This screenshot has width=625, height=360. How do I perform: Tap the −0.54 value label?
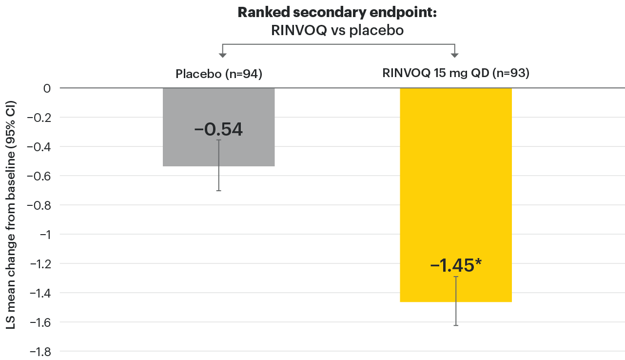coord(218,130)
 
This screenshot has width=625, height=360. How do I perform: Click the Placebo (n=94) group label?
coord(218,75)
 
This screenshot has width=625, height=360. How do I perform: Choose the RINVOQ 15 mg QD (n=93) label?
coord(455,75)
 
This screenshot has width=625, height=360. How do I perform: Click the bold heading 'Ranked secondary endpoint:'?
coord(337,13)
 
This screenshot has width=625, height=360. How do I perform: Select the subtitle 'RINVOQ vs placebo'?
coord(337,30)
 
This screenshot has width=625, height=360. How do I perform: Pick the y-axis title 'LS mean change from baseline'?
coord(11,215)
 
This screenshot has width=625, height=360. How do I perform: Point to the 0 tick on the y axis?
coord(47,88)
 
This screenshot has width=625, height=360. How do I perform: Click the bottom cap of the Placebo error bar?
coord(218,190)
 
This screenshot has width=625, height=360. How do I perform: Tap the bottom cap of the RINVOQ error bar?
coord(455,325)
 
